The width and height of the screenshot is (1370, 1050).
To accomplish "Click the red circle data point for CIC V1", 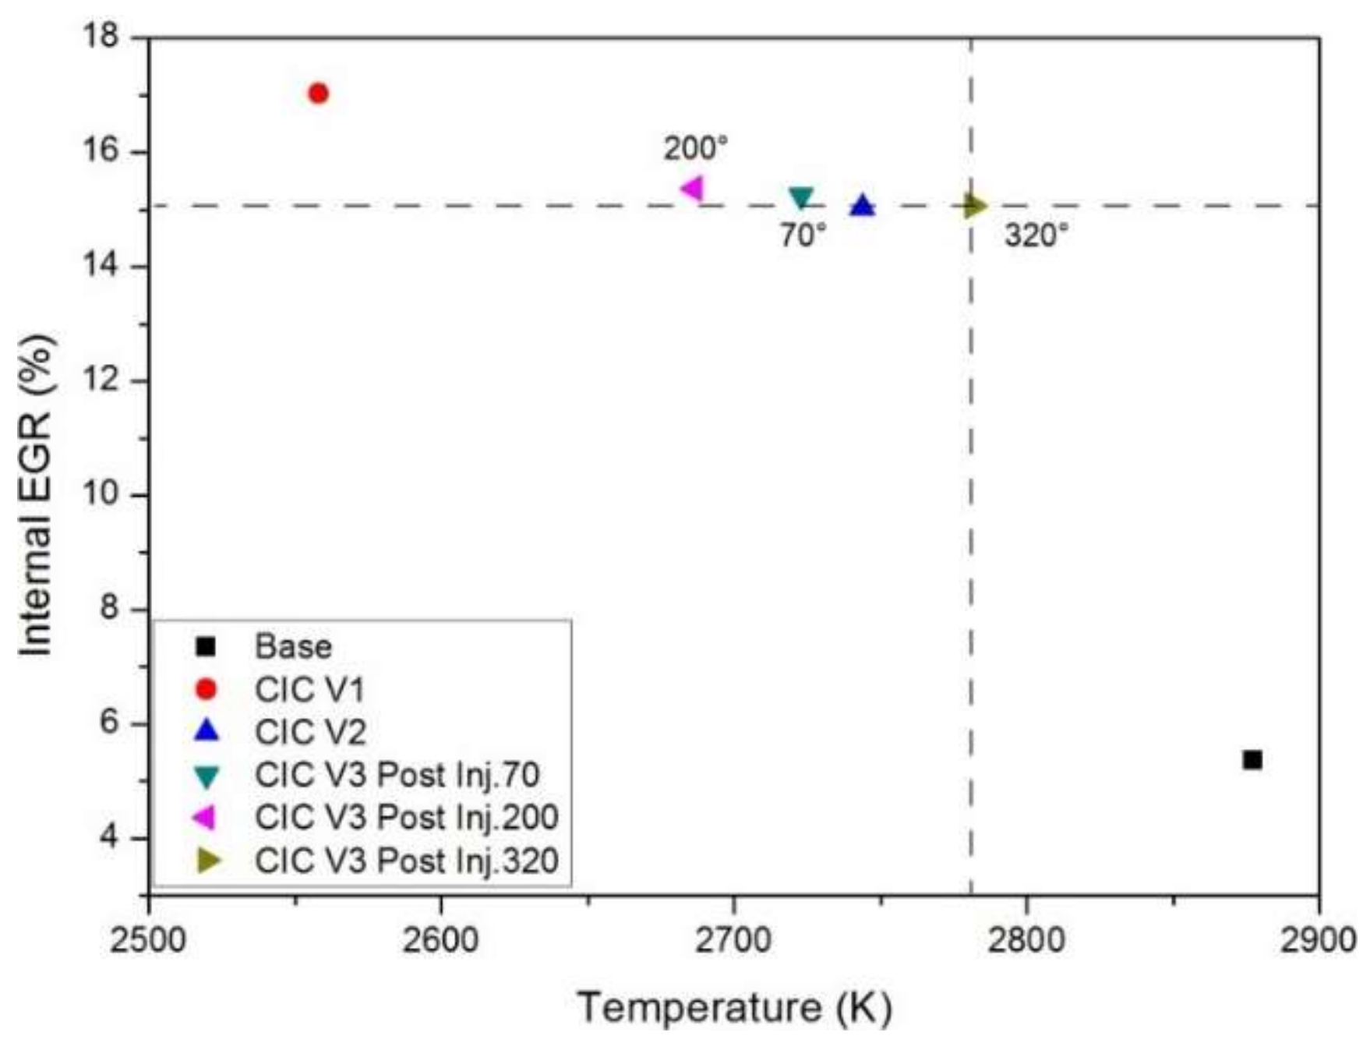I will click(318, 94).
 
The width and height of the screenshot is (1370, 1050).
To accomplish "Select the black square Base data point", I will click(1252, 759).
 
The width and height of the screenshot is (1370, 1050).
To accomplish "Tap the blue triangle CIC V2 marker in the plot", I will click(862, 206).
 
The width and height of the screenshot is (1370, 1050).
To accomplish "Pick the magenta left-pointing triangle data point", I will click(692, 188).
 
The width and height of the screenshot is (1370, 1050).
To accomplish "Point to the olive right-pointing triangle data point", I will click(974, 206).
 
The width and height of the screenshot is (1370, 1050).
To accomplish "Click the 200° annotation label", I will click(696, 148).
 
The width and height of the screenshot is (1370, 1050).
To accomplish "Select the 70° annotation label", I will click(803, 235).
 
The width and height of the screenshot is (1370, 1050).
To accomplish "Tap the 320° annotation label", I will click(1036, 235).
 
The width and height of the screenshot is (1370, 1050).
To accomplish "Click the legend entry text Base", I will click(293, 647).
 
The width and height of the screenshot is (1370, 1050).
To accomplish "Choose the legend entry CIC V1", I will click(309, 690).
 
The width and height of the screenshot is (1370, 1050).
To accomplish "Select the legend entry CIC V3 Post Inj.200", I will click(406, 818).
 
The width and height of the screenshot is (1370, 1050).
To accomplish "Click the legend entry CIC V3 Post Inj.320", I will click(406, 861).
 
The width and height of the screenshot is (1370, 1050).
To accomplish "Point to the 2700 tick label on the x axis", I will click(733, 940).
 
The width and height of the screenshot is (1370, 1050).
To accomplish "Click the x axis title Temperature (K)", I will click(734, 1007).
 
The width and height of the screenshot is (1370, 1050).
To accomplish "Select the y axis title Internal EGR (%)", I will click(37, 496).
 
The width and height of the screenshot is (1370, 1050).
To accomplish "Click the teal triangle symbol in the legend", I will click(207, 776).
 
